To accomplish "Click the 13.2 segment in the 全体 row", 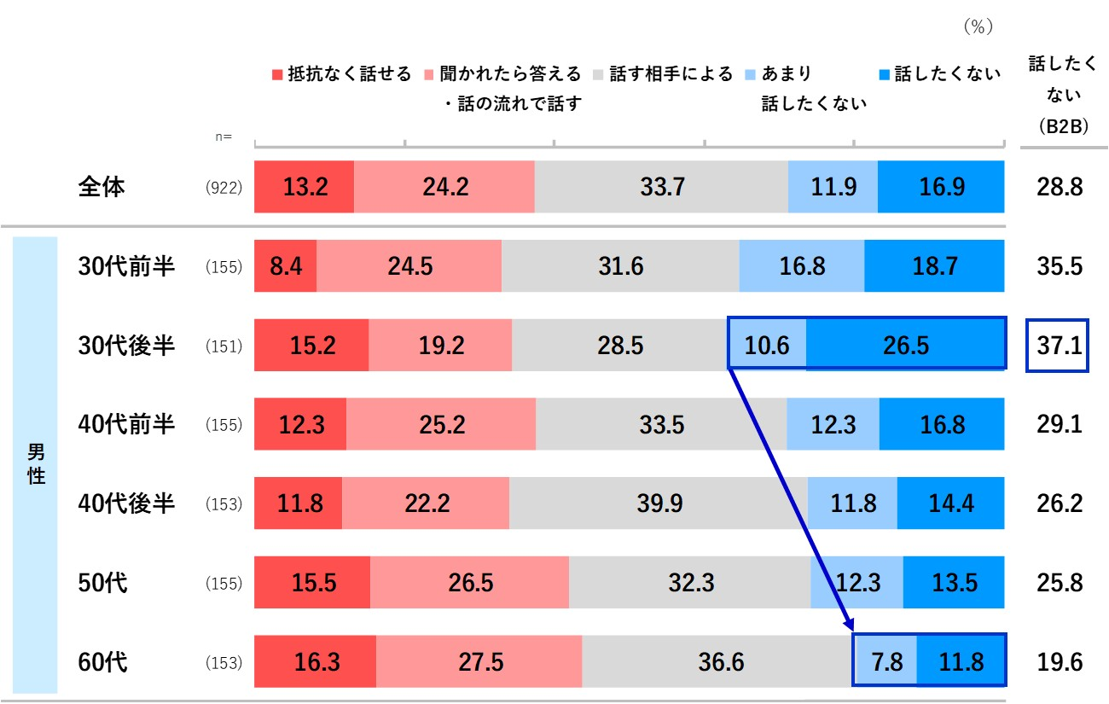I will tap(304, 187).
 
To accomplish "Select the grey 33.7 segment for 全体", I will tap(661, 187).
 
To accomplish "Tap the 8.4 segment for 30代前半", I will tap(285, 266).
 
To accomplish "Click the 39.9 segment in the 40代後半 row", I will tap(659, 503).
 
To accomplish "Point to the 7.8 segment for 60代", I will tap(886, 662).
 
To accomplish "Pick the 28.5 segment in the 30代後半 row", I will tap(620, 345).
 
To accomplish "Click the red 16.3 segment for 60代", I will tap(315, 662).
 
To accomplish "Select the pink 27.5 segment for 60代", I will tap(479, 662).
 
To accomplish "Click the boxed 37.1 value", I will tap(1058, 346).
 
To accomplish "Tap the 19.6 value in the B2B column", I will tap(1058, 662).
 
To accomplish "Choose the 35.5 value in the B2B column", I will tap(1058, 266).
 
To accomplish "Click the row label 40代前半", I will tap(126, 424).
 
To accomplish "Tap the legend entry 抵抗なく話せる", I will tap(341, 74).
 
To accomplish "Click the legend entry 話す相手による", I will tap(663, 74).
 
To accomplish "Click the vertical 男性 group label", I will tap(36, 464).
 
